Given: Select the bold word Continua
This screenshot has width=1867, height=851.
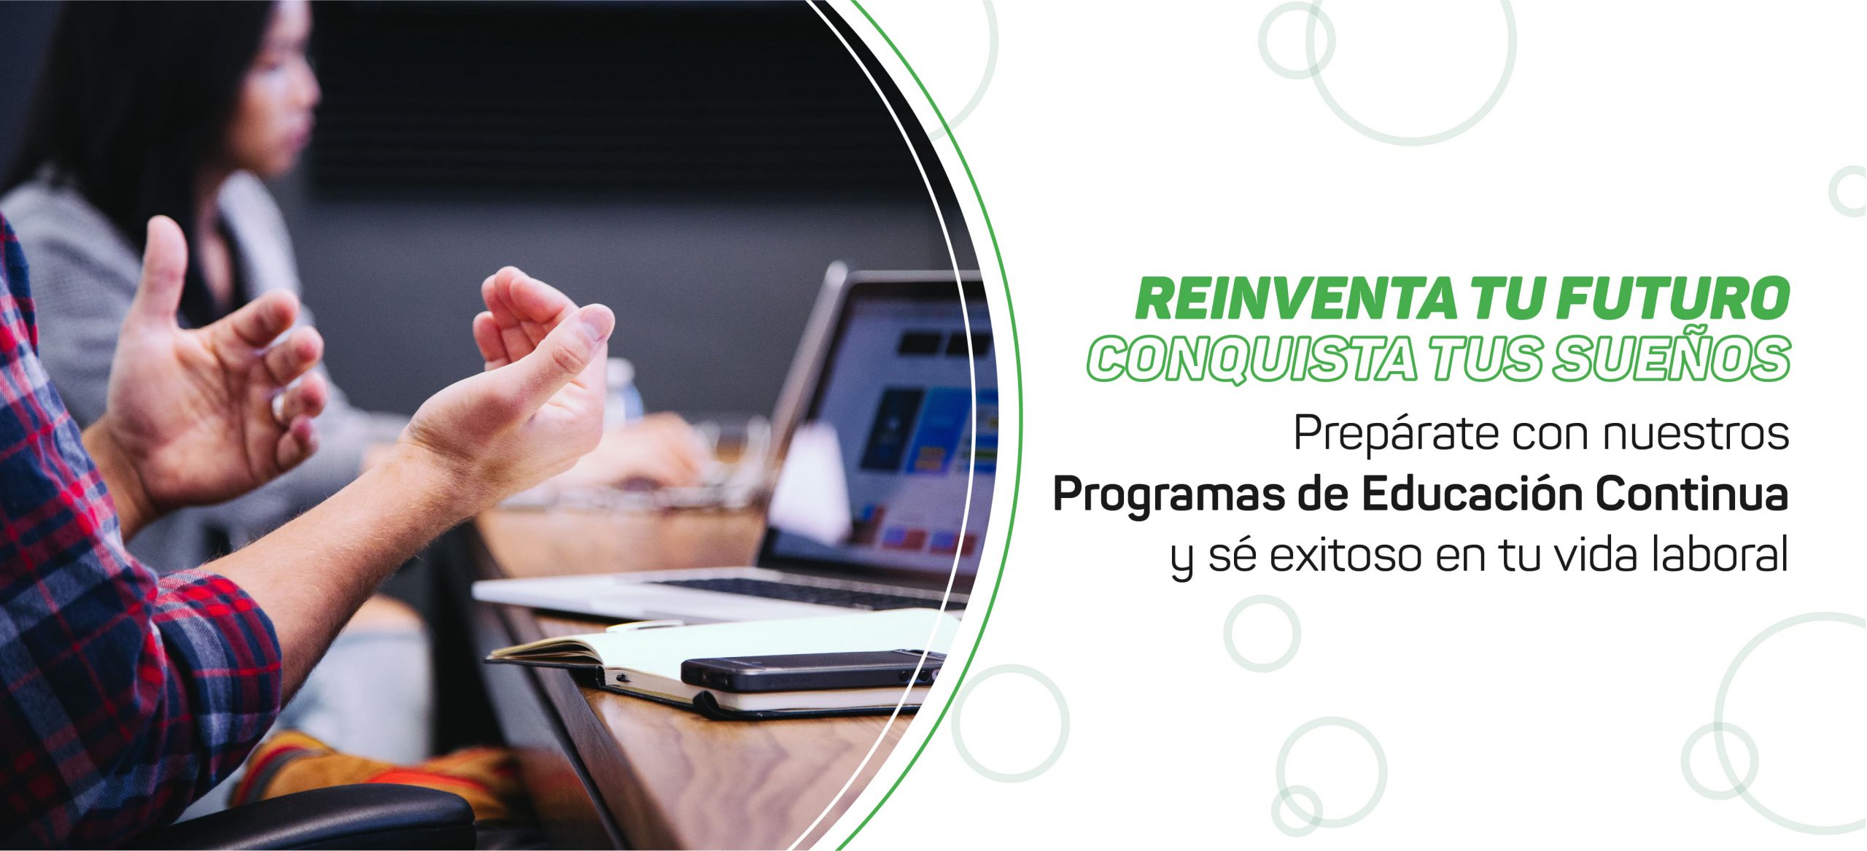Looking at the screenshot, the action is (1694, 494).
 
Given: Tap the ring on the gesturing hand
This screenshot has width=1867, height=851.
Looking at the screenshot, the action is (278, 407).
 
